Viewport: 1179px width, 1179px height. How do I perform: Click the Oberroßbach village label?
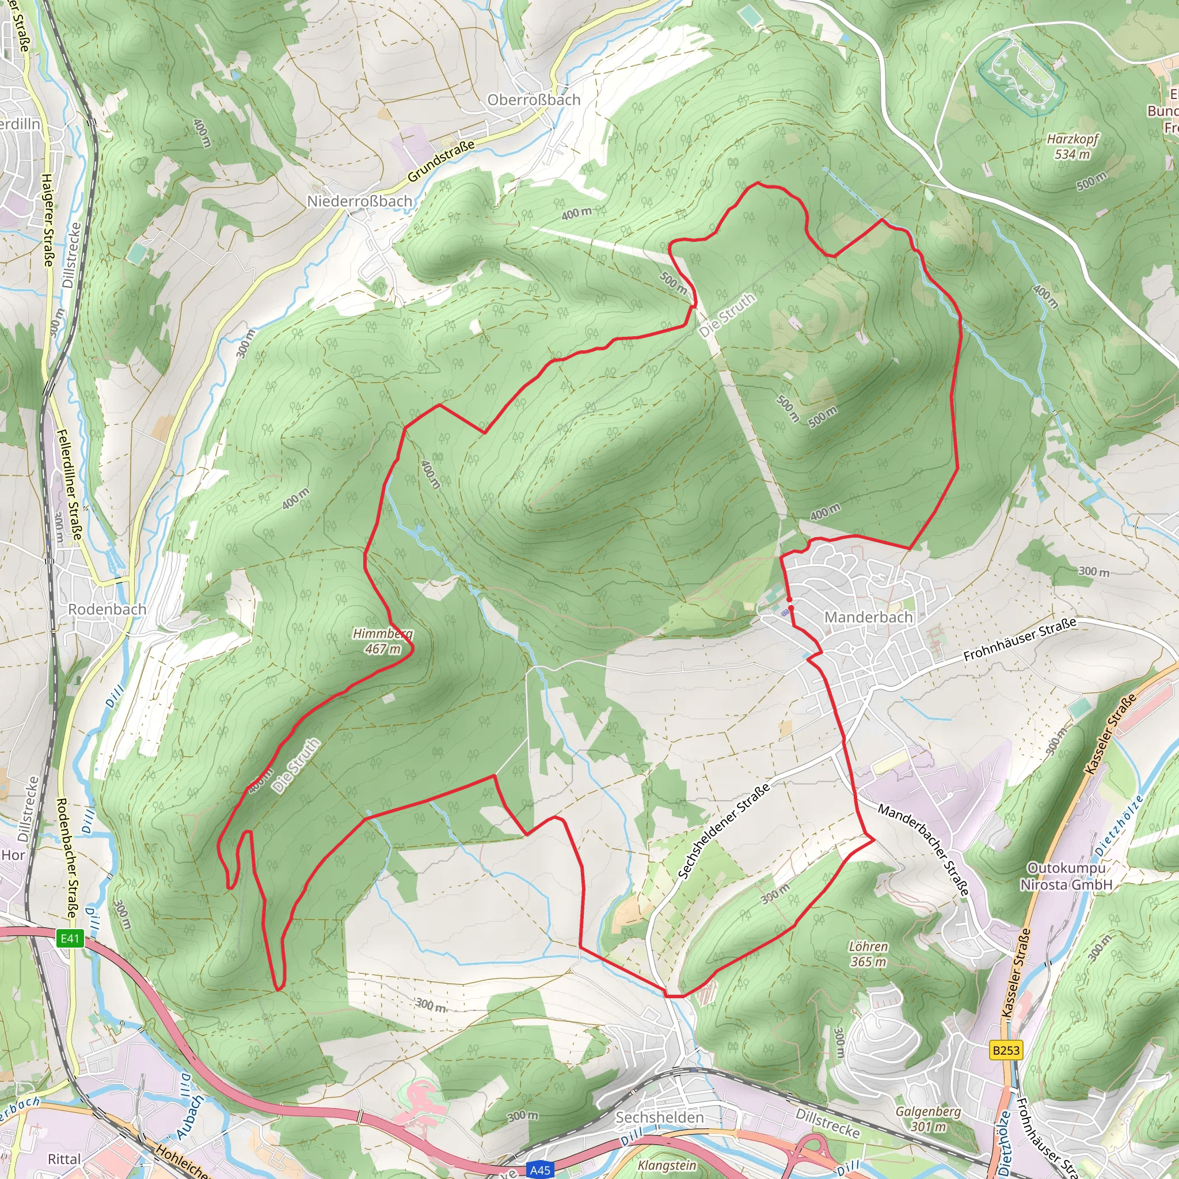(533, 100)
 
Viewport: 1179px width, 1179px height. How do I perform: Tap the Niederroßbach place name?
(359, 201)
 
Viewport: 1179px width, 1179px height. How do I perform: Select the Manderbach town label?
(868, 617)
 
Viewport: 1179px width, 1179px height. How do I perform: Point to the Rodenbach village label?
(107, 609)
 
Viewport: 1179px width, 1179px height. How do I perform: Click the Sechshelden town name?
(659, 1117)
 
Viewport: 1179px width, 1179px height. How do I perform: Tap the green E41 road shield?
(70, 938)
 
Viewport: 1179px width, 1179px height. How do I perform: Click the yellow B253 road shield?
(1006, 1049)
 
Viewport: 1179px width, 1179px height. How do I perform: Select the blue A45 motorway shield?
(539, 1169)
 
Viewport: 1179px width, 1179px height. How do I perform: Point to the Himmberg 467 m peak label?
(383, 641)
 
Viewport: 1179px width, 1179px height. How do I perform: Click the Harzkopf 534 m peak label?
(1072, 146)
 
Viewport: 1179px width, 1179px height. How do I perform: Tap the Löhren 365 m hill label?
(868, 954)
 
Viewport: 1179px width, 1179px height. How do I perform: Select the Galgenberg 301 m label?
(928, 1119)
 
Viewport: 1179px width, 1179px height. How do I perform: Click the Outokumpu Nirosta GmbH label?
(1066, 876)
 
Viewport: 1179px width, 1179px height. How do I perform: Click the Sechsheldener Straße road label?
(724, 831)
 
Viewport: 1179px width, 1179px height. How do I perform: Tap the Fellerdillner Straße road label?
(69, 485)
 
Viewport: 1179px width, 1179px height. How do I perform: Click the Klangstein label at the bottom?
(667, 1165)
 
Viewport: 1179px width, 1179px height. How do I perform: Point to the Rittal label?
(64, 1159)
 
